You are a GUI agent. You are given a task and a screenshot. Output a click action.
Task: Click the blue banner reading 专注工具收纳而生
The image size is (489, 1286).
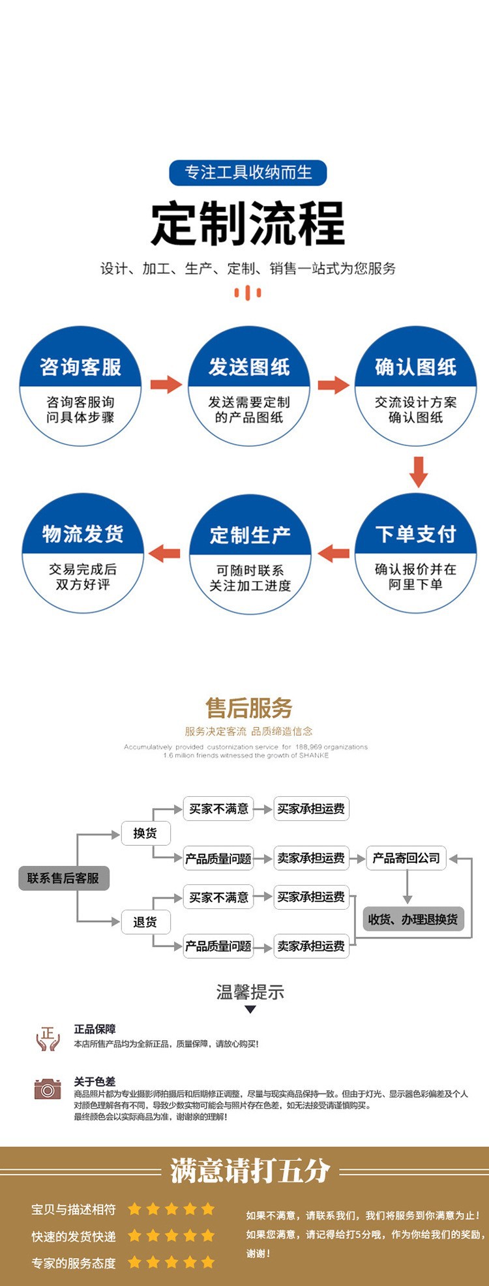click(248, 173)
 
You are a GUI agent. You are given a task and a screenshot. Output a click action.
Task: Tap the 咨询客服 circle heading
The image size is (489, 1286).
click(81, 367)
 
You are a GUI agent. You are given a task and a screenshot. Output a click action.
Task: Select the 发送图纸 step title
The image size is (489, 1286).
click(249, 367)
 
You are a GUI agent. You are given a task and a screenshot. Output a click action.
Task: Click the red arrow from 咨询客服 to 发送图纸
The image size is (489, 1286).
click(166, 384)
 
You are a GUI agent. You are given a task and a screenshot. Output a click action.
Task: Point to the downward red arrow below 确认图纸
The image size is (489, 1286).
click(418, 471)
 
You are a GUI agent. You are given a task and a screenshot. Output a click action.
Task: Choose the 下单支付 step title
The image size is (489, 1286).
click(416, 534)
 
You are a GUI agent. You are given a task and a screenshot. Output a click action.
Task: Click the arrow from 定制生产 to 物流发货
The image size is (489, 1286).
click(165, 554)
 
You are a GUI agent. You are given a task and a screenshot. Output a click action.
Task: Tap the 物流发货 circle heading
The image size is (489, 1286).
click(83, 534)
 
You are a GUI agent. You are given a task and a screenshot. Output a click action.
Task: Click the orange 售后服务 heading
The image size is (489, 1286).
click(248, 708)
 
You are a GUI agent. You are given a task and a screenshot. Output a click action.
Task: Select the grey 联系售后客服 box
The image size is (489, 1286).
click(63, 878)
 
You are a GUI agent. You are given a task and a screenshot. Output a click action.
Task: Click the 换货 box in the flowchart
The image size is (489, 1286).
click(145, 833)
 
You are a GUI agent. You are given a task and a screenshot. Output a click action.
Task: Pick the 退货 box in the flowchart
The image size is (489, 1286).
click(145, 921)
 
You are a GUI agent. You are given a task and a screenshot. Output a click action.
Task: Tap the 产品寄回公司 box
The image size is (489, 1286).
click(406, 858)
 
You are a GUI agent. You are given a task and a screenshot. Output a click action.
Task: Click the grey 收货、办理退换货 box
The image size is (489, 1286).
click(413, 919)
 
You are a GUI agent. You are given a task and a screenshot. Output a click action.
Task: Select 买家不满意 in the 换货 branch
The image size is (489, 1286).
click(218, 809)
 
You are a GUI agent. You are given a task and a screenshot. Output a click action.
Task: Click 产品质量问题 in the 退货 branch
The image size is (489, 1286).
click(218, 946)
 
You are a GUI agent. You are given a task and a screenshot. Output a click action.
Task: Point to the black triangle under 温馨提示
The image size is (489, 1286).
click(250, 1009)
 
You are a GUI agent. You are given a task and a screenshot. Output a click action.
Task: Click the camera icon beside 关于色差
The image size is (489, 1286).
click(47, 1088)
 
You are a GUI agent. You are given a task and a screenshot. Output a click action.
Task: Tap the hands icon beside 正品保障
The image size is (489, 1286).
click(48, 1038)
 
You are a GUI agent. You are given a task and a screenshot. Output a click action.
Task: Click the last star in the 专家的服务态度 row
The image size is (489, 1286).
click(208, 1262)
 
